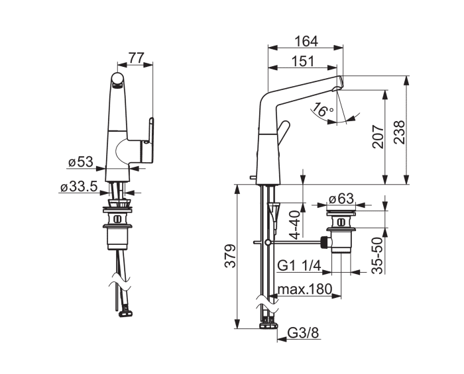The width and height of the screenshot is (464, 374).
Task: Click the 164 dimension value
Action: (306, 41)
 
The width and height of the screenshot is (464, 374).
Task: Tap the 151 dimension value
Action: (303, 62)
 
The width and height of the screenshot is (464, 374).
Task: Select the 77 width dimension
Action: (136, 58)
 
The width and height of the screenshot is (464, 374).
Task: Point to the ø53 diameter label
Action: (80, 162)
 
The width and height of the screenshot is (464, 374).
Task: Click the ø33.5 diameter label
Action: (79, 187)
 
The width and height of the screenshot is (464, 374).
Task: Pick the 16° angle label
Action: (323, 110)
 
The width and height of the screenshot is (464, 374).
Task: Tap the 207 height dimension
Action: (378, 136)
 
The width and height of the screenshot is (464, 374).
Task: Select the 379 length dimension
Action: (230, 256)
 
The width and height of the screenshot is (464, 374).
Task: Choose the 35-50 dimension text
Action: (377, 256)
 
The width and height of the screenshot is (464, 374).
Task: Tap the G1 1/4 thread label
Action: (299, 266)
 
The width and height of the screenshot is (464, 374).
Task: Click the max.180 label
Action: (305, 289)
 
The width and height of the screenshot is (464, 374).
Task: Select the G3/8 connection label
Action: (304, 334)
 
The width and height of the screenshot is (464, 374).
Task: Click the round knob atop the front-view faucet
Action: (117, 79)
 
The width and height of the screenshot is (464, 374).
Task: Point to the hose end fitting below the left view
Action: (126, 313)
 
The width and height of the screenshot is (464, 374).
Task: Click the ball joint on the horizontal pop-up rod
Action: (268, 242)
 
